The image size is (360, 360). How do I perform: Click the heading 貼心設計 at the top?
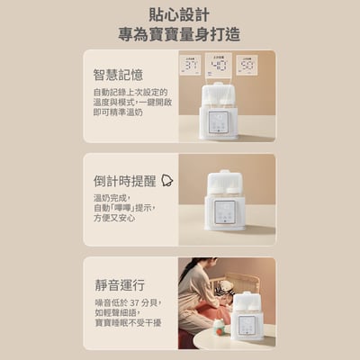click(179, 15)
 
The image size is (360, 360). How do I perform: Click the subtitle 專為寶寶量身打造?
click(179, 35)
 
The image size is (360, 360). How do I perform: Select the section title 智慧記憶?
click(118, 75)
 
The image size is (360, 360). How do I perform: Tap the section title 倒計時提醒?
click(123, 179)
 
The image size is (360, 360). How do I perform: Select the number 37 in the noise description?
click(135, 302)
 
